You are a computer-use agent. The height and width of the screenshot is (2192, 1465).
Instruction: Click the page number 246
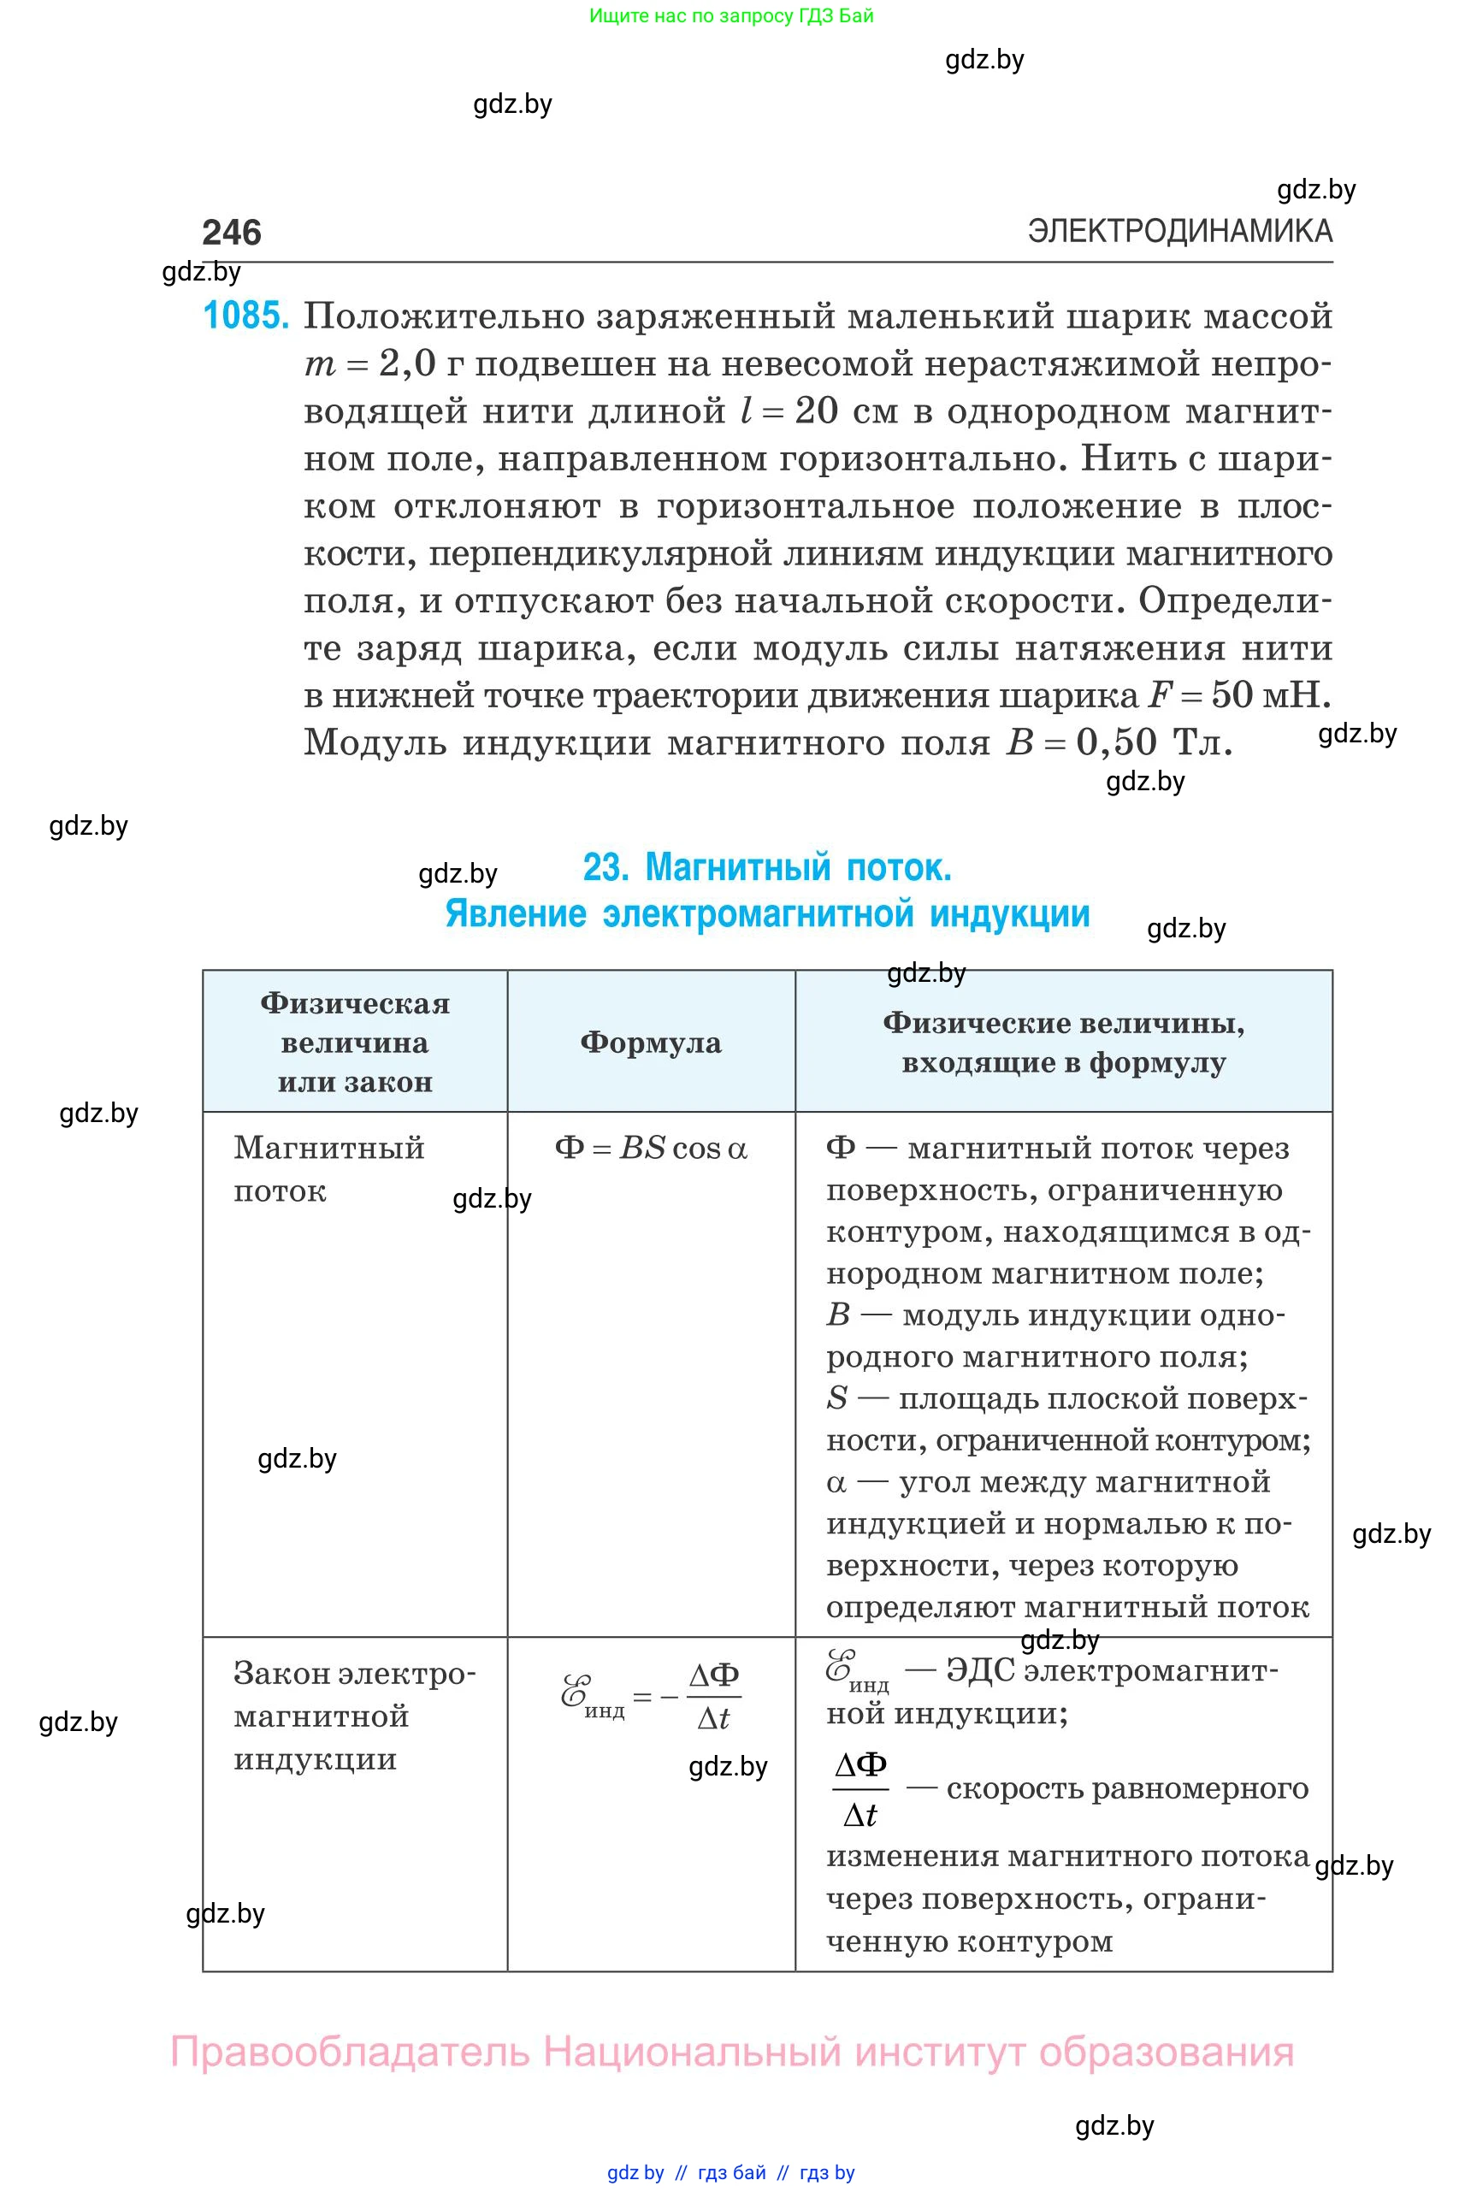[x=232, y=233]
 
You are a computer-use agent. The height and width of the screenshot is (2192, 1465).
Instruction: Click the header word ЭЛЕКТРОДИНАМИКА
[x=1179, y=231]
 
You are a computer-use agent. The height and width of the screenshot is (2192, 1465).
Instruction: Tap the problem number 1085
[x=245, y=316]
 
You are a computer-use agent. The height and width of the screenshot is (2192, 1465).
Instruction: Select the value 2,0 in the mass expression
[x=407, y=364]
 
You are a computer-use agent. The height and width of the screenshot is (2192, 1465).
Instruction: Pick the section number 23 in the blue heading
[x=605, y=867]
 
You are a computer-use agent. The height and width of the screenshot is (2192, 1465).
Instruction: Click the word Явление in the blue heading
[x=516, y=913]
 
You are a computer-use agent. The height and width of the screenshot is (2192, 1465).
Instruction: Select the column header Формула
[x=650, y=1042]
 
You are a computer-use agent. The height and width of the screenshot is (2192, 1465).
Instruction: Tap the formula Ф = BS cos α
[x=651, y=1148]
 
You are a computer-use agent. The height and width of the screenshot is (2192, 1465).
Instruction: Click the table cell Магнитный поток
[x=329, y=1168]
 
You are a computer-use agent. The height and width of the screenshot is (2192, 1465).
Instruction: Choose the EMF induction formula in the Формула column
[x=651, y=1696]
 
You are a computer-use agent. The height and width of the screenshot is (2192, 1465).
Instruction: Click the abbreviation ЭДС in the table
[x=980, y=1669]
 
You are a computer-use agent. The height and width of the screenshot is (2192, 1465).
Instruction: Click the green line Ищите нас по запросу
[x=730, y=16]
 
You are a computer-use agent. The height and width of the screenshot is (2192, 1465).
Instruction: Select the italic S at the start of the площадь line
[x=836, y=1398]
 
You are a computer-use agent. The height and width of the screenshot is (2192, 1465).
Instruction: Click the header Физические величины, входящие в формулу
[x=1063, y=1042]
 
